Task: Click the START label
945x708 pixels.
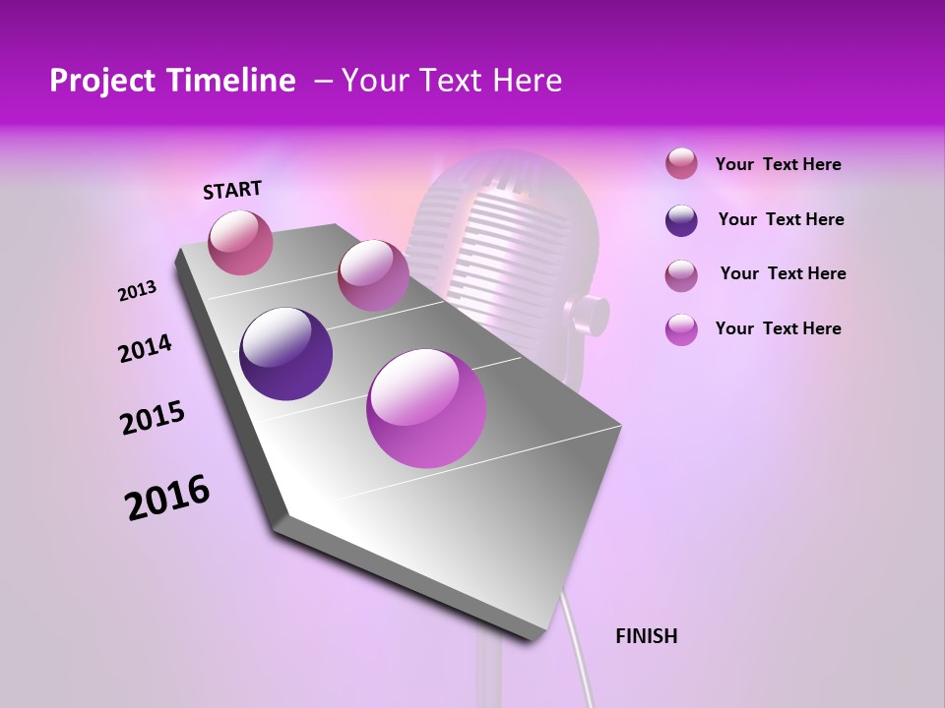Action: (232, 190)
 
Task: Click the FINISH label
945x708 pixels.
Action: (646, 636)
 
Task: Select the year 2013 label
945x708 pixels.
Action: (137, 291)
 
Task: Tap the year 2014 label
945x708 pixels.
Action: (145, 348)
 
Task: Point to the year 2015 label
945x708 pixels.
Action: (153, 418)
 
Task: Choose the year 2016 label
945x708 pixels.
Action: (167, 498)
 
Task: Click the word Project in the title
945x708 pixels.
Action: (101, 81)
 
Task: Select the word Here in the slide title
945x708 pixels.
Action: (527, 81)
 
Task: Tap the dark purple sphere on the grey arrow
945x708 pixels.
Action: (286, 354)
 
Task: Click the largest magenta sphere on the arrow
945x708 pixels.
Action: (426, 408)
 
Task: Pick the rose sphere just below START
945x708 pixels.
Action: (241, 242)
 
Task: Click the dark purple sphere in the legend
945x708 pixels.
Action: (681, 220)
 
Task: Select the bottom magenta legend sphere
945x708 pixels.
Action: (681, 329)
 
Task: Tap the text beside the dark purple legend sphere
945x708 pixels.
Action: (781, 219)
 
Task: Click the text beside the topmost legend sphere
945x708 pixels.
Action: (778, 164)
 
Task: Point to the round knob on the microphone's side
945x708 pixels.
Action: (589, 314)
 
